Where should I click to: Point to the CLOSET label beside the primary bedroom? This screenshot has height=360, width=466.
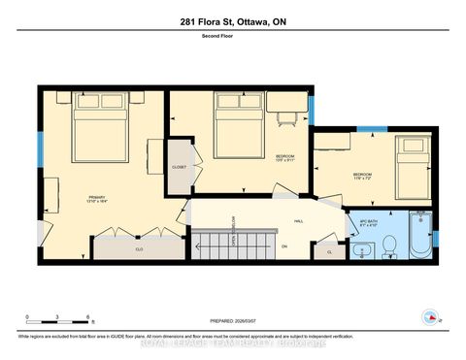click(180, 167)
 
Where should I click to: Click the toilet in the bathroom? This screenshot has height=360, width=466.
click(387, 244)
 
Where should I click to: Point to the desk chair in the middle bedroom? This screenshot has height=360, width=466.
click(286, 119)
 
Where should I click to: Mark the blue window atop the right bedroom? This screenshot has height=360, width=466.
click(372, 129)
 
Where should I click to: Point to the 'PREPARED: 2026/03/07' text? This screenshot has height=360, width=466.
click(234, 321)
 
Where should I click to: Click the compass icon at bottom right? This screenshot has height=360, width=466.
click(430, 316)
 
